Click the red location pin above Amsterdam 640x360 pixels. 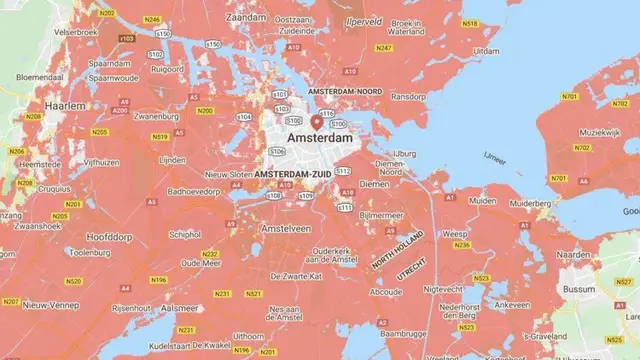click(x=318, y=122)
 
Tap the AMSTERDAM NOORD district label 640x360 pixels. click(x=345, y=91)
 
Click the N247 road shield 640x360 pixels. click(x=382, y=47)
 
